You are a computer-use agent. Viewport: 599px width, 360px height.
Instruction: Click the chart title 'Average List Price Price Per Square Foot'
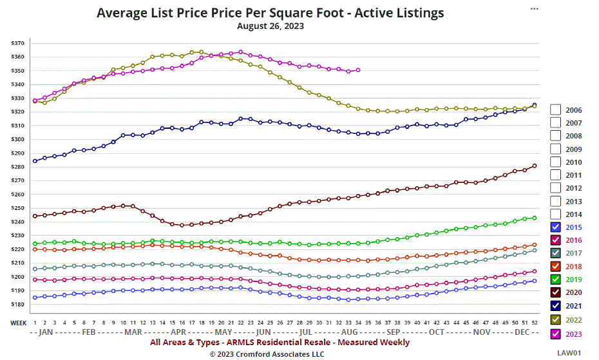(270, 13)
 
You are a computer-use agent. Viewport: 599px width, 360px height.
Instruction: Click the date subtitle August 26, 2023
(270, 26)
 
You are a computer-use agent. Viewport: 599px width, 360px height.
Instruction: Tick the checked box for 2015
(556, 227)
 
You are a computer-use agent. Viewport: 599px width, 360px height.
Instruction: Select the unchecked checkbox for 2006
(556, 110)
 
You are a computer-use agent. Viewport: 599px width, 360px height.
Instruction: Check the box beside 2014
(556, 214)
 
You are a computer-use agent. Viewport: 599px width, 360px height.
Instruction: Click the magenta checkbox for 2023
(556, 334)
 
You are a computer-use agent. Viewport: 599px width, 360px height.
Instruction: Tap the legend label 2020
(573, 293)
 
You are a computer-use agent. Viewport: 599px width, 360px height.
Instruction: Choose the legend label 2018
(573, 267)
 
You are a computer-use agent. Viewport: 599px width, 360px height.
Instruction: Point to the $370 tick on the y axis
(17, 43)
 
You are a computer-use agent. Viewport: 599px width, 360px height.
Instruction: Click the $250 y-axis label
(17, 209)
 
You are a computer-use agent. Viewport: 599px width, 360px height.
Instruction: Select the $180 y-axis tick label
(17, 305)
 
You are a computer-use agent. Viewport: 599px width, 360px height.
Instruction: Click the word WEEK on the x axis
(18, 322)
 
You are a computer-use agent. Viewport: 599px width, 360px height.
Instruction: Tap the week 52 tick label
(535, 322)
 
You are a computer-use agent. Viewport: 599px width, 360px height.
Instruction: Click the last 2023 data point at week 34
(358, 70)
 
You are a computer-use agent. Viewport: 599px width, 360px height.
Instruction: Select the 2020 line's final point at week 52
(535, 166)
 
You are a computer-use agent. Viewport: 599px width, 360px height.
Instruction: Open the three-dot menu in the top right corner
(534, 8)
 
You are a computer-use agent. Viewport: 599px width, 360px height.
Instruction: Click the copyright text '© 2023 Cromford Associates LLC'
(267, 354)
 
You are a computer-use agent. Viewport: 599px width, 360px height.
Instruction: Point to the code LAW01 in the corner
(569, 353)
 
